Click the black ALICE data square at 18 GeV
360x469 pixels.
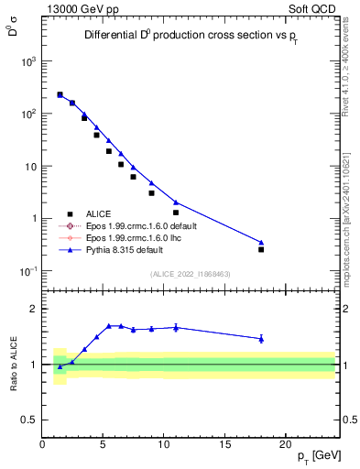(261, 249)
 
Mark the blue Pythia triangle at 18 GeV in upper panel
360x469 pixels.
(261, 242)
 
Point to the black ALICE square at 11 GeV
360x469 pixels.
(176, 213)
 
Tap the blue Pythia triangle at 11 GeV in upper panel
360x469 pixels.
(176, 202)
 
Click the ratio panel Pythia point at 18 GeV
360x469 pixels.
(261, 339)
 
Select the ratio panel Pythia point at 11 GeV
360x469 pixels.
(176, 327)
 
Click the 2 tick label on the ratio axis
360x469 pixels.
(34, 309)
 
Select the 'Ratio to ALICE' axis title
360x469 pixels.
(13, 364)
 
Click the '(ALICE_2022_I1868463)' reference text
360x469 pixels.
(190, 274)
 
